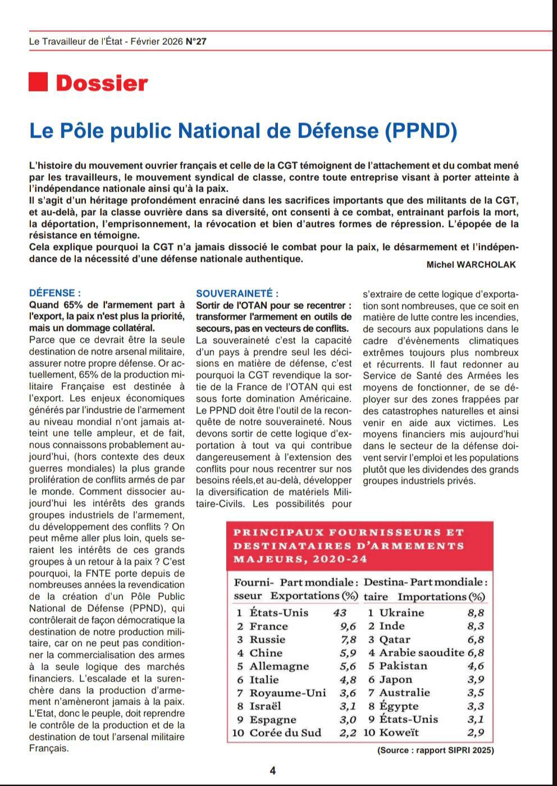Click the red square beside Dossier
38,82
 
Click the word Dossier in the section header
102,83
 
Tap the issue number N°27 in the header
196,41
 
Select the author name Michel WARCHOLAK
471,265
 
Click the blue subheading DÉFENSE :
54,293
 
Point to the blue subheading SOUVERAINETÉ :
237,293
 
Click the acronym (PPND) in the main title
421,131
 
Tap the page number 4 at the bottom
273,771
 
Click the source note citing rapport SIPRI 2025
435,750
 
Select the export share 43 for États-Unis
340,612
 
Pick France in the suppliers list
268,626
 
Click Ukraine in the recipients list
401,612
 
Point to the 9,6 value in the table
348,626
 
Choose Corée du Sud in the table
285,733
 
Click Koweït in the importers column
399,733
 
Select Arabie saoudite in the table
422,652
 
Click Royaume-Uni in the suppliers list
287,693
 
